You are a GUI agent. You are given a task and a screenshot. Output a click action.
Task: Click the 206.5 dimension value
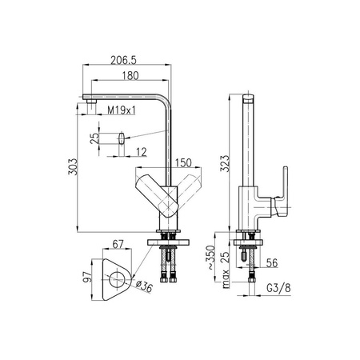[x=123, y=60]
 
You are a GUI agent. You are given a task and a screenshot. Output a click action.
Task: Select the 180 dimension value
[x=130, y=76]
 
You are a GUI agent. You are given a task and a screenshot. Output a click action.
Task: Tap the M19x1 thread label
[x=122, y=110]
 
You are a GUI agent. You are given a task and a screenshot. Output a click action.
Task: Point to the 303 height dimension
[x=72, y=167]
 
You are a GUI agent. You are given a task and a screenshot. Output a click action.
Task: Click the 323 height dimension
[x=225, y=163]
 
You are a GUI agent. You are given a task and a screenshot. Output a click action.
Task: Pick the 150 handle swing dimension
[x=183, y=163]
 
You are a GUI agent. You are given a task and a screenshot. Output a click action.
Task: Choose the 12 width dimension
[x=142, y=152]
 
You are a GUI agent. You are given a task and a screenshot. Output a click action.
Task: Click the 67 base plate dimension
[x=118, y=244]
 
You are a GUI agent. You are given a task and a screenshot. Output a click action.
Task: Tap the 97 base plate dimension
[x=87, y=277]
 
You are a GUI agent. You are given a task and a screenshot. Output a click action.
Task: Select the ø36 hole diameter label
[x=144, y=286]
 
